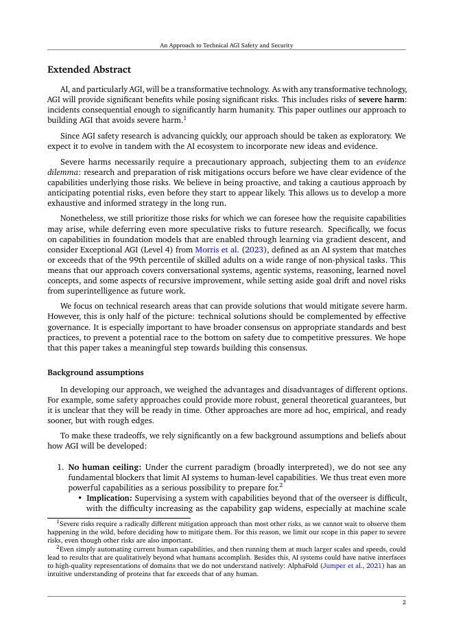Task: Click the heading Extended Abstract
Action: (88, 70)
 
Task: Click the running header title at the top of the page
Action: (226, 45)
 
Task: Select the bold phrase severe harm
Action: (381, 99)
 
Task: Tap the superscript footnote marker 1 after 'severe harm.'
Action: (185, 118)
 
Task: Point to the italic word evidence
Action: (392, 162)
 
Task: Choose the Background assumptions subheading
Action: (95, 372)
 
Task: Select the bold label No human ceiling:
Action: (105, 467)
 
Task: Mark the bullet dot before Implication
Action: (80, 498)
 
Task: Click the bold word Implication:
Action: (109, 498)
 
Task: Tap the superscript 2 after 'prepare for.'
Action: (281, 486)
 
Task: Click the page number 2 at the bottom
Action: (404, 602)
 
